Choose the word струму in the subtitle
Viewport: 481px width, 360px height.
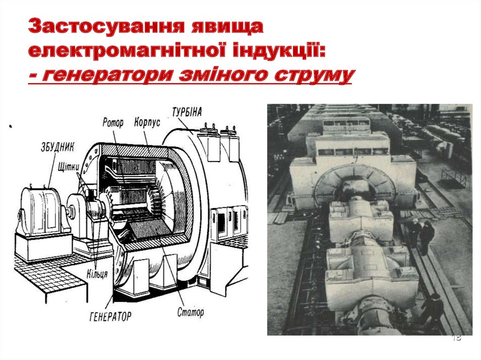coord(310,75)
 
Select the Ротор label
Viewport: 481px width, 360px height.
coord(113,123)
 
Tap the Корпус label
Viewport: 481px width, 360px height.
coord(147,122)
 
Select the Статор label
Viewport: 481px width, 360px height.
coord(191,312)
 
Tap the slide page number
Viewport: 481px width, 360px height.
coord(456,338)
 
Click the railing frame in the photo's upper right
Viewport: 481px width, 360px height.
coord(454,178)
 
